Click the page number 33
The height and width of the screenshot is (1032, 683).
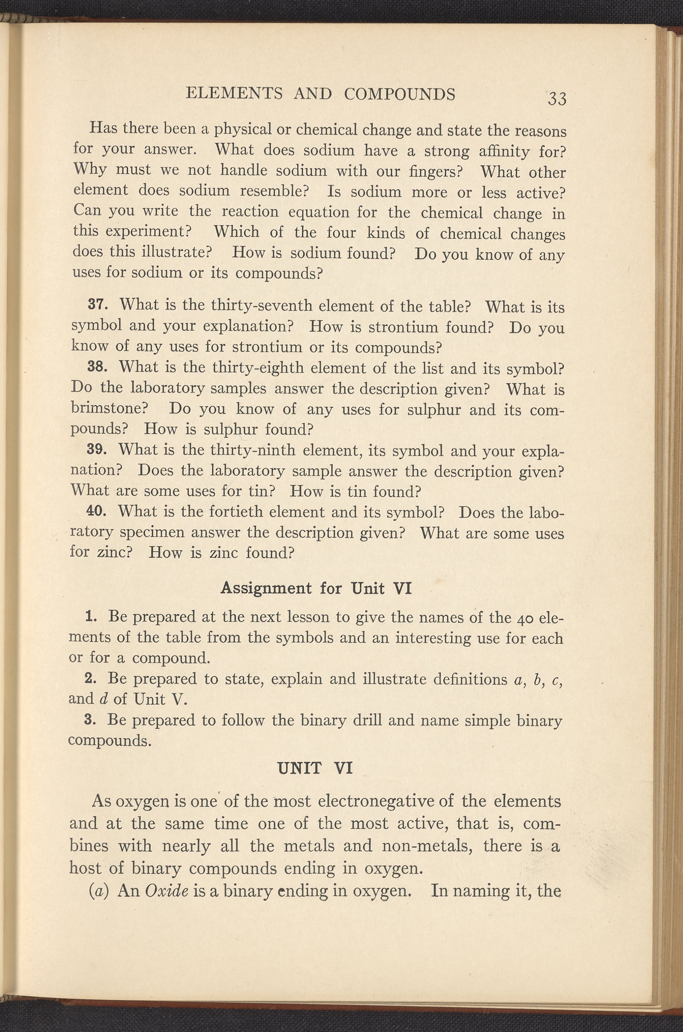tap(557, 99)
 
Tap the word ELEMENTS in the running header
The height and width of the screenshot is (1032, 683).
tap(234, 94)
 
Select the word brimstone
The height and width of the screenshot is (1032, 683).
tap(110, 408)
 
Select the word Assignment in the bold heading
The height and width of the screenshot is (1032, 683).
tap(266, 589)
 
